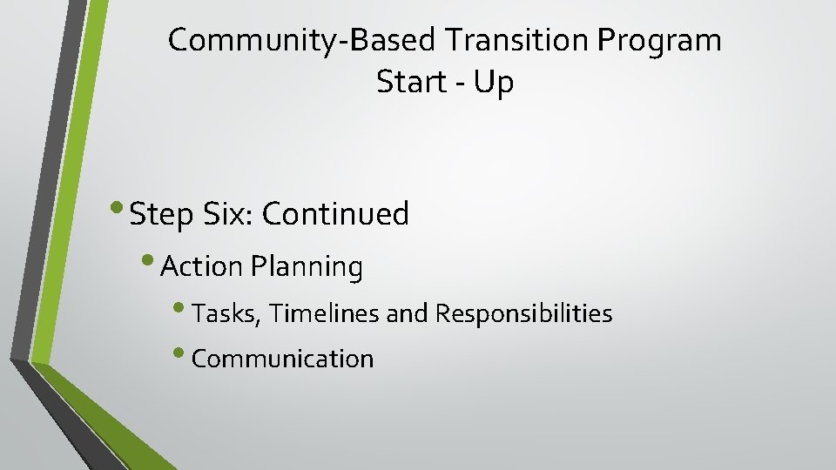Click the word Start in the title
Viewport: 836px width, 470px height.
click(408, 83)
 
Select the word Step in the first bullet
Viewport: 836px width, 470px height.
click(160, 214)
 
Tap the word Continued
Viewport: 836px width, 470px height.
click(335, 213)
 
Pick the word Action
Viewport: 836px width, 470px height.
click(203, 267)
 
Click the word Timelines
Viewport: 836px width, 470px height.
click(325, 312)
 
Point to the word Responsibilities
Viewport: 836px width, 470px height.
click(523, 313)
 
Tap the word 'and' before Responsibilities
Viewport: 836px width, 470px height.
click(408, 312)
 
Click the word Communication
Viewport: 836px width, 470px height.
click(282, 359)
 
